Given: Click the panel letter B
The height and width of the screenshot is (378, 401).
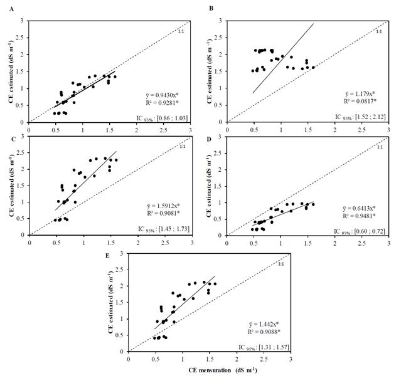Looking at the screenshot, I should tap(210, 8).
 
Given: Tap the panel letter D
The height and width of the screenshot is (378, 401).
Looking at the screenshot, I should tap(210, 131).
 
